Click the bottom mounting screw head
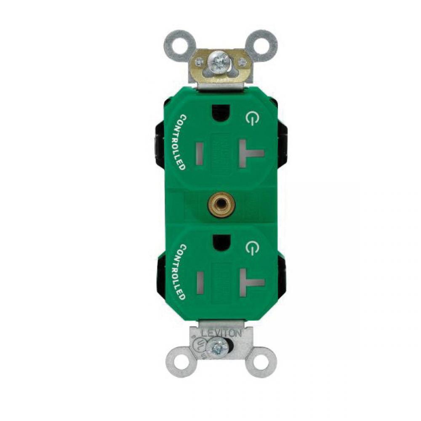point(219,347)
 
